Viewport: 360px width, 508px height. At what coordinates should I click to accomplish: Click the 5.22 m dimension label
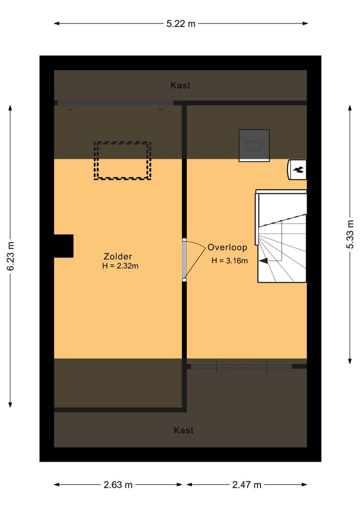point(180,23)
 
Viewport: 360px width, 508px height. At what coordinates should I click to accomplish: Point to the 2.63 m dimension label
point(118,485)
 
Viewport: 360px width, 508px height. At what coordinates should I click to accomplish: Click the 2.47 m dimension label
point(246,485)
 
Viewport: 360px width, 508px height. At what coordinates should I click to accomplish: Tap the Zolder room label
point(118,256)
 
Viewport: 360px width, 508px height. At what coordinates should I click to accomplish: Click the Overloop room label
point(227,247)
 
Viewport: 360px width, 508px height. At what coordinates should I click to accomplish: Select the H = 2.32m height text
point(120,266)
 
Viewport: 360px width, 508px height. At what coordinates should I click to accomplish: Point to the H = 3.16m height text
point(229,260)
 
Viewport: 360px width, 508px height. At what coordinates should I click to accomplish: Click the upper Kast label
point(180,85)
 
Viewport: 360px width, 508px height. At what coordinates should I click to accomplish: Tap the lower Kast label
point(183,430)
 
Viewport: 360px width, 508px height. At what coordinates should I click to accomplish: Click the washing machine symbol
point(254,145)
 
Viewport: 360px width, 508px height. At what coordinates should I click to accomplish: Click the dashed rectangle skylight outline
point(122,160)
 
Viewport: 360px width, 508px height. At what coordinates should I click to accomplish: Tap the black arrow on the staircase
point(262,260)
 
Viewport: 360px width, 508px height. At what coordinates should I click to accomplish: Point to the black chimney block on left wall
point(64,246)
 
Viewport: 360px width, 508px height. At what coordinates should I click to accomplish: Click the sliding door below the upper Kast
point(115,103)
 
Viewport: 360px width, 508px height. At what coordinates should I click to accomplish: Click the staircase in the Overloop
point(281,237)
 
